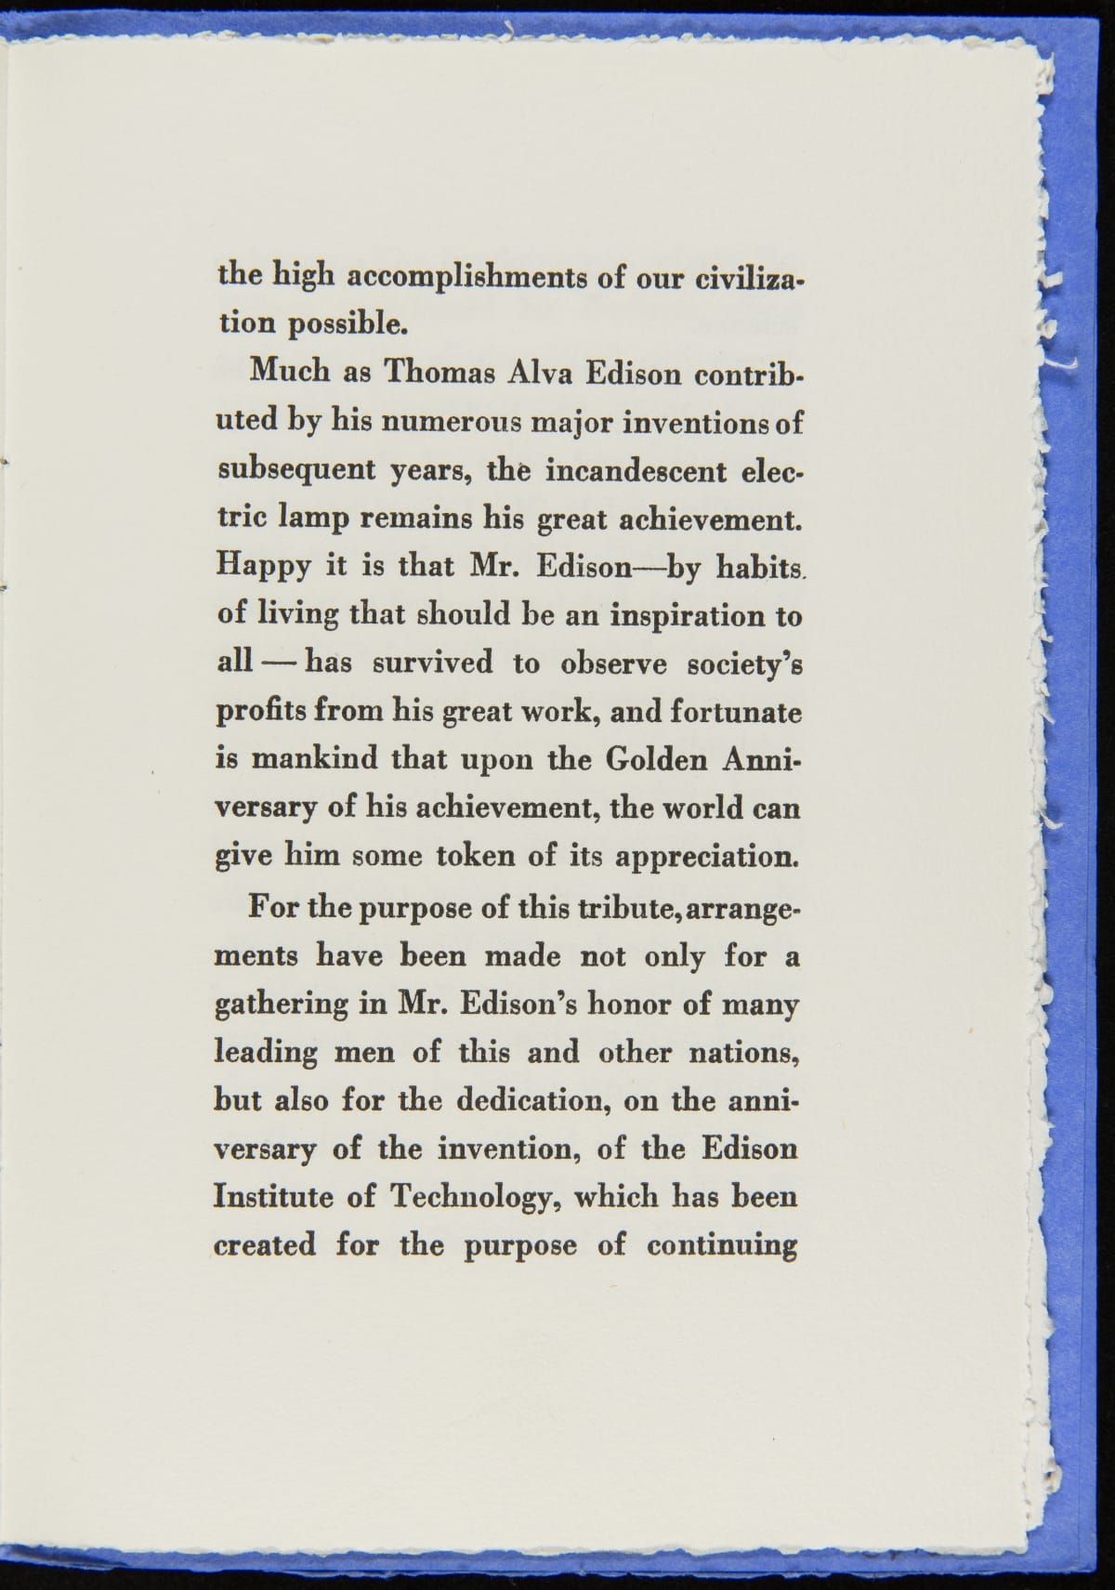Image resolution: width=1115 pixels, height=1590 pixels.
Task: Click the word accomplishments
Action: click(467, 278)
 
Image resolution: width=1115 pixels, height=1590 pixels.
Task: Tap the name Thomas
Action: click(438, 374)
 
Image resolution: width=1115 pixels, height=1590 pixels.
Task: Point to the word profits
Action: click(262, 712)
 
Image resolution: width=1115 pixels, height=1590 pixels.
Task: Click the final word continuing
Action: click(722, 1245)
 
